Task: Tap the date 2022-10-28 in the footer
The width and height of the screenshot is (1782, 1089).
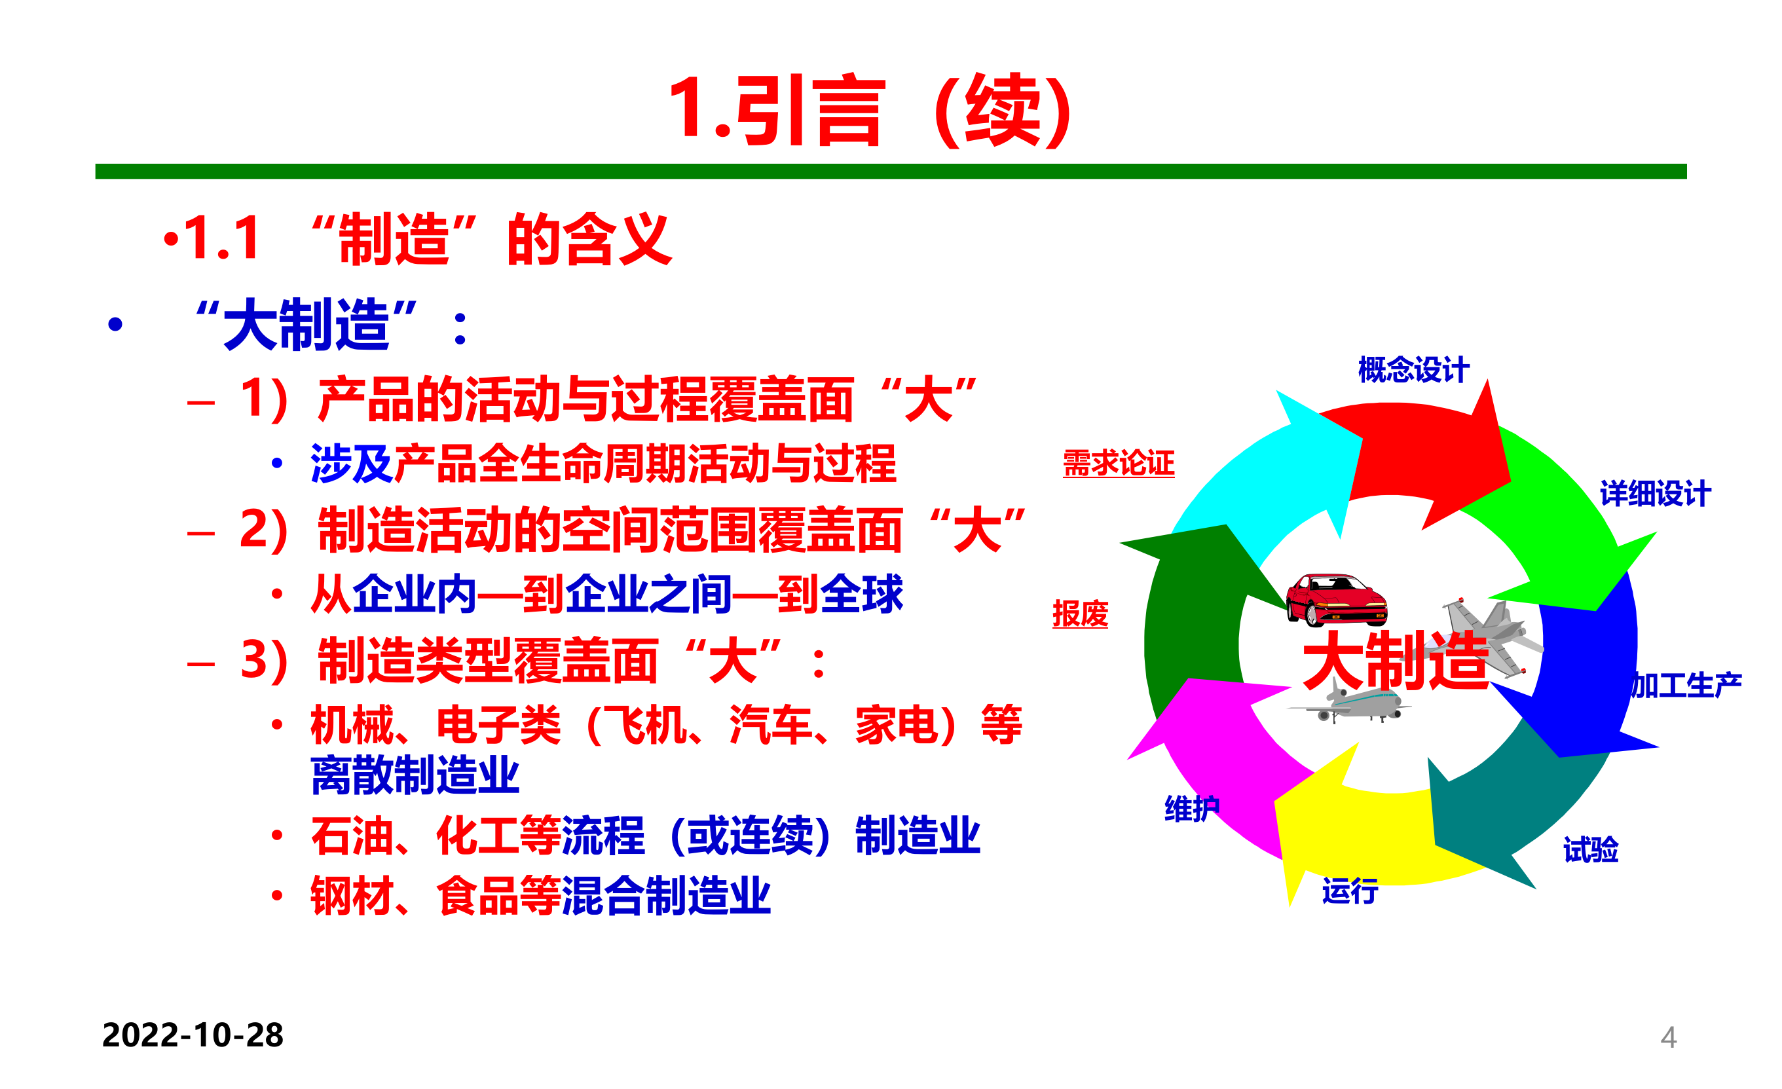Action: click(193, 1035)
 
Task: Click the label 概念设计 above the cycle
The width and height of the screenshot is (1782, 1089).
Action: click(1413, 369)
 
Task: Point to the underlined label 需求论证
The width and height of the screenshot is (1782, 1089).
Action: click(1118, 463)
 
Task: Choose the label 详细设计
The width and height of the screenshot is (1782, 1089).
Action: click(1655, 494)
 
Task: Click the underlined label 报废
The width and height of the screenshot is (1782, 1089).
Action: click(1080, 614)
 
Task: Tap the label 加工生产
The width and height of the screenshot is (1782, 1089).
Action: click(1686, 685)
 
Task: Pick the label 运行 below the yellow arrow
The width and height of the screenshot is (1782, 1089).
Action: click(1350, 891)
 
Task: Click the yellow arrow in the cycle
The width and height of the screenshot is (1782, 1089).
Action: click(1352, 832)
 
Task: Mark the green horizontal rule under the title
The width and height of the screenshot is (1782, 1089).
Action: click(891, 172)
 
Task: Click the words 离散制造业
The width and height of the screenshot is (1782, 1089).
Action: click(415, 775)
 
